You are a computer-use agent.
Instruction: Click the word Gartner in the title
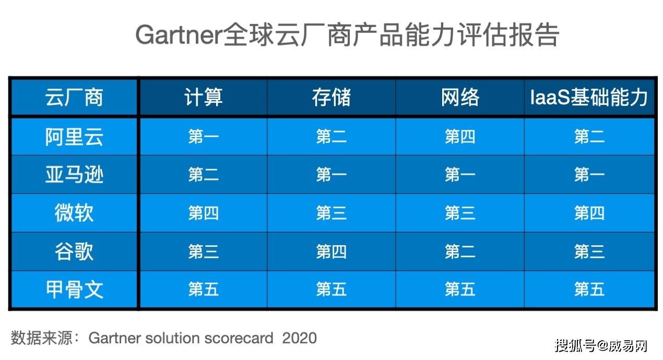[179, 35]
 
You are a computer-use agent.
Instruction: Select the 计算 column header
[204, 97]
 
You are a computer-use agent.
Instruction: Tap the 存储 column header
[331, 97]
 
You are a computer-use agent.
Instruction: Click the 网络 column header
[460, 97]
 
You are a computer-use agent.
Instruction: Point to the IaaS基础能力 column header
[589, 97]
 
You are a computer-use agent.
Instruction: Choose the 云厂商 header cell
[74, 97]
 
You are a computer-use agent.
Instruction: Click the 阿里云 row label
[74, 137]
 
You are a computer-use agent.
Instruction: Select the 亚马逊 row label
[74, 175]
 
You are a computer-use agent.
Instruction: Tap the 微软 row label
[74, 213]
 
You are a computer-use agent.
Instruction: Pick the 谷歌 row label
[74, 251]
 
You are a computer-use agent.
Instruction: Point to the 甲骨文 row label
[74, 289]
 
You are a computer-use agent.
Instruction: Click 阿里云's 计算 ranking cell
[204, 137]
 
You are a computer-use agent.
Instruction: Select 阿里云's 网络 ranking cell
[460, 137]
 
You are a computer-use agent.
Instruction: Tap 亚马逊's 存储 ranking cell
[331, 175]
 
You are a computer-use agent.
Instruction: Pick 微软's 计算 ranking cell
[204, 213]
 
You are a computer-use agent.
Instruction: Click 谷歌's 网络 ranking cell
[460, 251]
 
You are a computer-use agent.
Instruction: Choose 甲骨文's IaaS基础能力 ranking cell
[589, 289]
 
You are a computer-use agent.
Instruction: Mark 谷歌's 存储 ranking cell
[331, 251]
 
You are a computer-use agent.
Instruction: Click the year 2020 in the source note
[299, 338]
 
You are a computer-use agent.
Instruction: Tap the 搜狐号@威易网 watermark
[601, 345]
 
